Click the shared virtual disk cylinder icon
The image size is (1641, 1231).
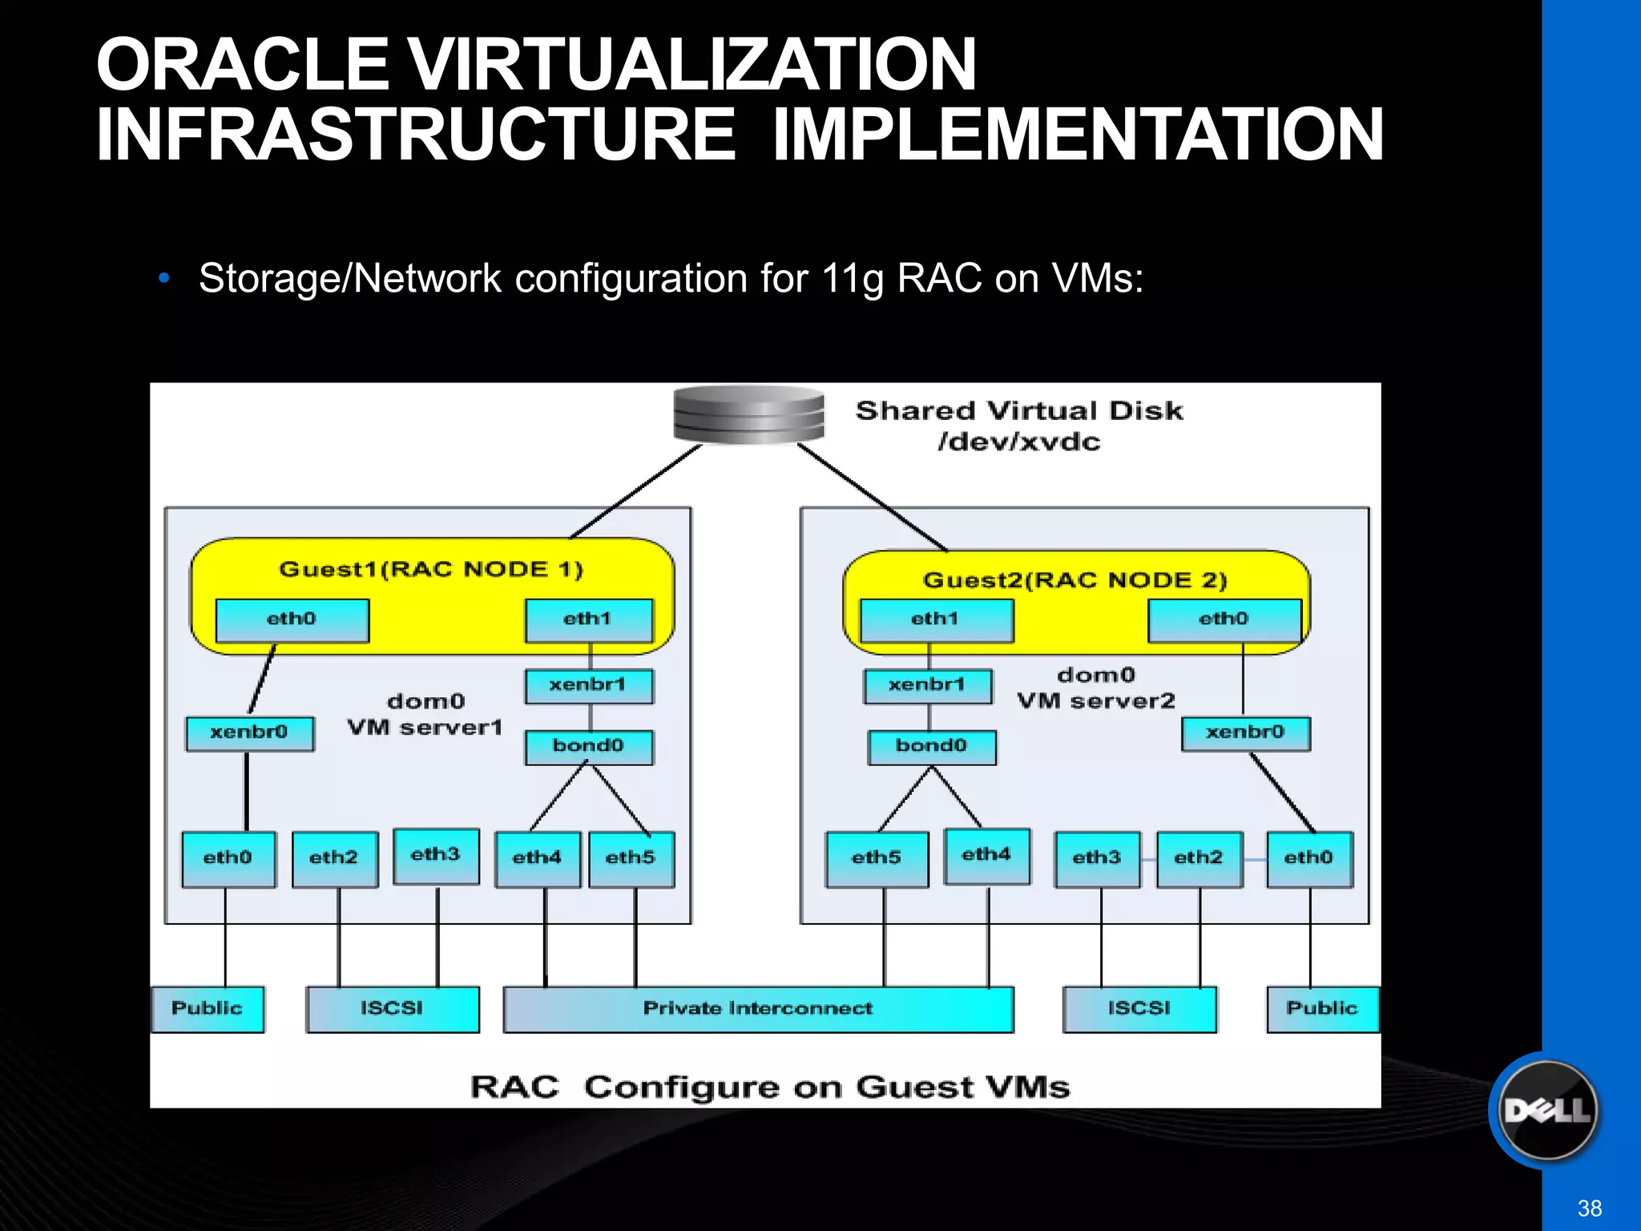748,414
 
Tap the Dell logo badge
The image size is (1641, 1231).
1547,1110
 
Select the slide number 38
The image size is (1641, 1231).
1589,1208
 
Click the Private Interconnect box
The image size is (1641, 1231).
758,1009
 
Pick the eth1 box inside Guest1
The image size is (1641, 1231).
589,620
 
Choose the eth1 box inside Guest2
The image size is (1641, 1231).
936,620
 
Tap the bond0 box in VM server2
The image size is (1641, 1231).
932,747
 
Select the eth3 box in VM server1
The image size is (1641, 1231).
436,855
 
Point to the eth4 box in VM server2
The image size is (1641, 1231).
986,855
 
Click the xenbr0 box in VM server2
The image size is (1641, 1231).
1245,733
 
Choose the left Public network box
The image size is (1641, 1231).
208,1009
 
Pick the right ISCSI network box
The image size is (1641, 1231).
1139,1009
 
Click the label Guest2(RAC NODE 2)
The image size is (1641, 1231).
1075,580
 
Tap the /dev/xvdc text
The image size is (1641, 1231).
1019,442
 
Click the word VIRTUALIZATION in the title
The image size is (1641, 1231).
692,66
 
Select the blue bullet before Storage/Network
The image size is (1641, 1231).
164,279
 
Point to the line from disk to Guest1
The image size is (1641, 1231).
637,490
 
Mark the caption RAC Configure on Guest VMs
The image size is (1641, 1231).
769,1088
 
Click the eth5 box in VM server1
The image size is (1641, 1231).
631,858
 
